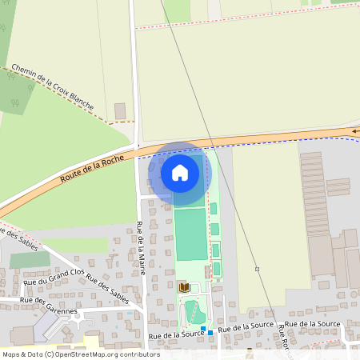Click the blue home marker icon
click(x=180, y=172)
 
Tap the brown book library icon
click(x=184, y=286)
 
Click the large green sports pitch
click(x=190, y=234)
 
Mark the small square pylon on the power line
click(x=257, y=269)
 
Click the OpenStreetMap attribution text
click(x=81, y=354)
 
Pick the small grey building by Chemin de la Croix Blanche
click(x=120, y=110)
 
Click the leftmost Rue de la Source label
click(x=175, y=334)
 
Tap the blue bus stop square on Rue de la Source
click(x=210, y=332)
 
